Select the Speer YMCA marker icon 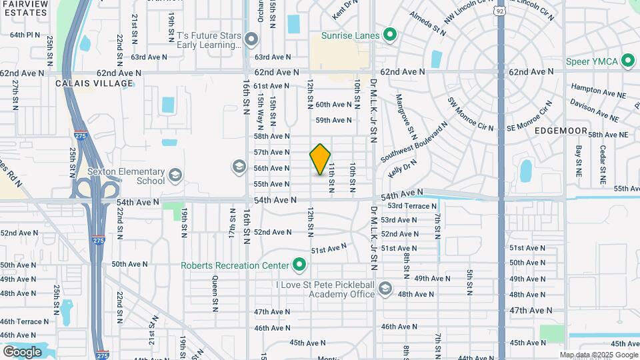pos(627,61)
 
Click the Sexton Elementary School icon pos(175,175)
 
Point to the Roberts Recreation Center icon pos(299,266)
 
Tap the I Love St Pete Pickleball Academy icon pos(385,289)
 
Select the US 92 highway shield pos(501,11)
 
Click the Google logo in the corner pos(22,351)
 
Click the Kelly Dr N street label pos(403,167)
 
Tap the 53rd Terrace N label pos(411,206)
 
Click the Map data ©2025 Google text pos(599,355)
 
